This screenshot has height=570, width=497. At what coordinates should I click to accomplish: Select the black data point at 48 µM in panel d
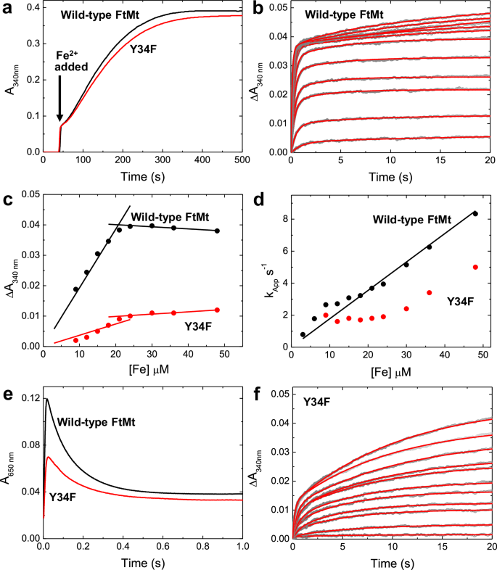point(475,213)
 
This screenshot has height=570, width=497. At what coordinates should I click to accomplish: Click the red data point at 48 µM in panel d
point(475,267)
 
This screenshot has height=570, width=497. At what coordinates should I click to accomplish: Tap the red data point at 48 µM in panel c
point(217,310)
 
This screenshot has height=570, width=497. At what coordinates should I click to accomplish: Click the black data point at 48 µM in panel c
point(217,231)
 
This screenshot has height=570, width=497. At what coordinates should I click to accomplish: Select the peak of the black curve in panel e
point(46,398)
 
